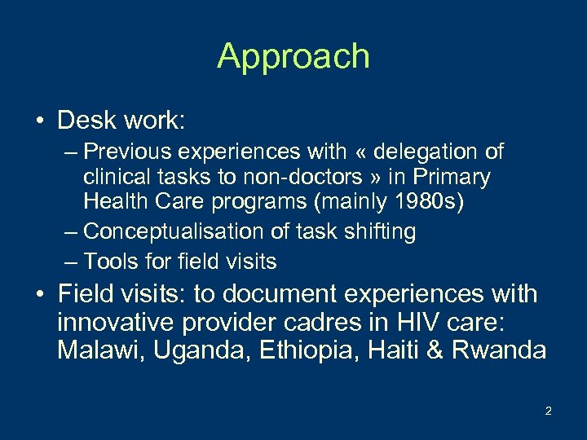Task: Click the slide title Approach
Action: pos(293,56)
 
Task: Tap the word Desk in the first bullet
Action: pos(87,121)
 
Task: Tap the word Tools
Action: pos(111,262)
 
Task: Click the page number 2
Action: pos(548,411)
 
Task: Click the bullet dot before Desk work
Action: pos(39,122)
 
